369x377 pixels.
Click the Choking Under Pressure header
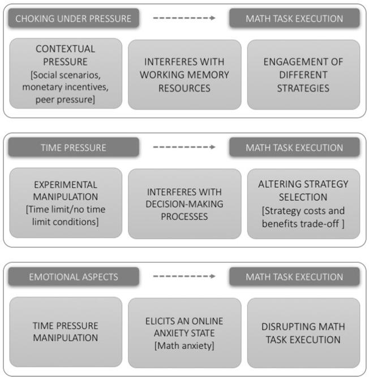coord(74,19)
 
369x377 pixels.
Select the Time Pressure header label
coord(74,148)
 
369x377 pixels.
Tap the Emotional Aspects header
coord(74,276)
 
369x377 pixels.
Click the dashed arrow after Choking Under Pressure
coord(184,19)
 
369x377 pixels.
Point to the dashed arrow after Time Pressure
coord(184,148)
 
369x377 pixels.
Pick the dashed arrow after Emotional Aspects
coord(184,276)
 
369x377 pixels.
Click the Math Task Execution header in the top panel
coord(294,19)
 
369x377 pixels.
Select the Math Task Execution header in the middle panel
coord(294,148)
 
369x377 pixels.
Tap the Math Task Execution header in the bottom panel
coord(294,276)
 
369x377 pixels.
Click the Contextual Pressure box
coord(66,73)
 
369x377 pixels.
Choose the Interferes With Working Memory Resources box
coord(184,73)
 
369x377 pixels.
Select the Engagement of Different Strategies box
coord(303,73)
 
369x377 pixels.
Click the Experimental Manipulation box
coord(66,203)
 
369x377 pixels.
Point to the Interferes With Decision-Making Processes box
coord(184,203)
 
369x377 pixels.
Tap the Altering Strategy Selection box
coord(303,203)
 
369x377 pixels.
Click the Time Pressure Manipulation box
coord(66,332)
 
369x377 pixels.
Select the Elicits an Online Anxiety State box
coord(184,332)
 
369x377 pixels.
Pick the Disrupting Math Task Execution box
coord(303,332)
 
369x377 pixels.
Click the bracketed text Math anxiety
coord(184,346)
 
